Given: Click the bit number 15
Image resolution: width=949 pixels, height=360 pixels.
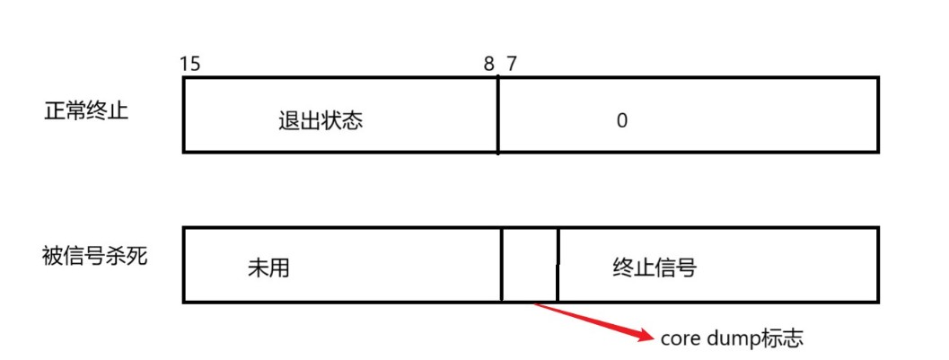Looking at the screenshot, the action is point(189,64).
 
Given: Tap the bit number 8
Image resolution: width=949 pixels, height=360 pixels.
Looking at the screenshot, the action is point(488,64).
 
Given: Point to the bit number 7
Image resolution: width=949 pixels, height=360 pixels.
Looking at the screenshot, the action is point(511,64).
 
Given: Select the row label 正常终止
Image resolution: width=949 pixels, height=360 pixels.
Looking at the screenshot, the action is point(86,113).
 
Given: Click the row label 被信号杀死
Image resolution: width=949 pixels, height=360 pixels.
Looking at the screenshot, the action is point(94,256).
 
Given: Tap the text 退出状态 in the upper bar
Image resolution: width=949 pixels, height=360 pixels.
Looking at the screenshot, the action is point(321,121).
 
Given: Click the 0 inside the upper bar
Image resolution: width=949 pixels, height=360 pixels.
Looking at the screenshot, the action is point(621,121).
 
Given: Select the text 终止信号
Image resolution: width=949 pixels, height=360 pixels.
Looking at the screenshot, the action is point(654,268).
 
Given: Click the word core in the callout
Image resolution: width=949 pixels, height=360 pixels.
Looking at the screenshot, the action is point(680,338).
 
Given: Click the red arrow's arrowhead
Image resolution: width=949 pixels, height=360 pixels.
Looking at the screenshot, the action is point(648,338).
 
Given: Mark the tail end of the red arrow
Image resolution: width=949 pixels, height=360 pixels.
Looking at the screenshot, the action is point(535,305).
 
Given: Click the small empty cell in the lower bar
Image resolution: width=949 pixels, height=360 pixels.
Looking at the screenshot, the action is point(530,265).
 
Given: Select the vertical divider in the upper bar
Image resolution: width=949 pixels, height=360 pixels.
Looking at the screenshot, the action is point(497,115).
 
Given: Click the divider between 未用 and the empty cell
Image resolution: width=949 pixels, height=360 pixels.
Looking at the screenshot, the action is point(502,265).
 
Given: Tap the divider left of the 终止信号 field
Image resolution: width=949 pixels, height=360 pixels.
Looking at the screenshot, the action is point(558,265).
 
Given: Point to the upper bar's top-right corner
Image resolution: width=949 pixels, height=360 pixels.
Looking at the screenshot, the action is point(877,79).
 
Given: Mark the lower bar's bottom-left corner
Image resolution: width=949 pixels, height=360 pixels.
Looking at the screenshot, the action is point(184,301).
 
